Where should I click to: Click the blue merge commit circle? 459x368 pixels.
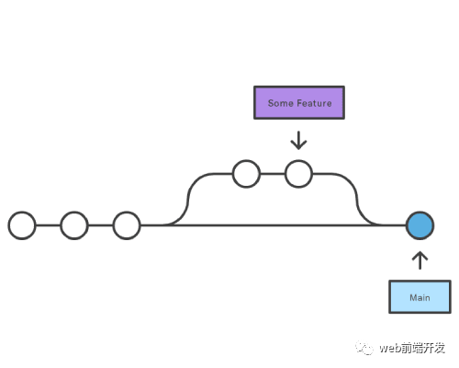(x=420, y=225)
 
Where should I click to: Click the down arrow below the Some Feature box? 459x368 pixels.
(x=298, y=141)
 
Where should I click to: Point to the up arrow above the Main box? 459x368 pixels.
(x=420, y=260)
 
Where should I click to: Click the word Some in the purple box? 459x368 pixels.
(x=280, y=103)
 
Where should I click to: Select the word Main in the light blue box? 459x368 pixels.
(x=420, y=297)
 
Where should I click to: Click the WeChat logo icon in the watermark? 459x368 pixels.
(x=364, y=348)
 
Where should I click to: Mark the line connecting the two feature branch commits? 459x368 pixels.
(x=273, y=174)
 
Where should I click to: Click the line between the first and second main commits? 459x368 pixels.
(x=49, y=225)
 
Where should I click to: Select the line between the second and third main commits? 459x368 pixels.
(x=101, y=225)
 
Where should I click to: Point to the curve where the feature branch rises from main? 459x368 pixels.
(x=188, y=200)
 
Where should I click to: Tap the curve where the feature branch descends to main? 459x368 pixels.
(x=357, y=200)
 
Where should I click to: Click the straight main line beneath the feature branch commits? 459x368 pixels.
(x=274, y=225)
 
